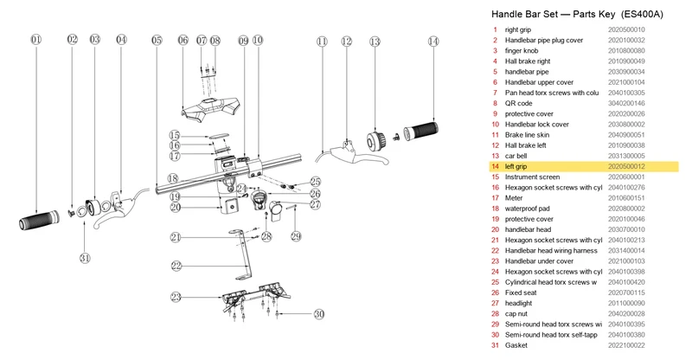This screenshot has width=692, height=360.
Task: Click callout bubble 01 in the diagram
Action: (36, 40)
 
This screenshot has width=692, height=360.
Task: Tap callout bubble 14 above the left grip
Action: (433, 42)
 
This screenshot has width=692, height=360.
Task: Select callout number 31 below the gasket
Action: (85, 258)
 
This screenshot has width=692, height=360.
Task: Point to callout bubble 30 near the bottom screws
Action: (319, 314)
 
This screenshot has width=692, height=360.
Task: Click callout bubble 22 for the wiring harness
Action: (176, 266)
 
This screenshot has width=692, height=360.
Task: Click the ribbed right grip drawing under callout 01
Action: (39, 220)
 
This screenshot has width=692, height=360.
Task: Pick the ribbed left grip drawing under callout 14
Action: (421, 131)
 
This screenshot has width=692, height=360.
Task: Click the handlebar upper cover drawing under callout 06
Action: (210, 109)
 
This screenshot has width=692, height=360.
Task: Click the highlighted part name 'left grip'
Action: (516, 166)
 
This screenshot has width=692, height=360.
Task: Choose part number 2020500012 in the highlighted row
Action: (626, 166)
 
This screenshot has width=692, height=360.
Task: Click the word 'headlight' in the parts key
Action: (518, 304)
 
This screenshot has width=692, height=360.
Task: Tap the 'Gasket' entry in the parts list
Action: (516, 345)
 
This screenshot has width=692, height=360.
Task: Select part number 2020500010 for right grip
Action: (626, 29)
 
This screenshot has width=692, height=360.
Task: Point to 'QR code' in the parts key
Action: (518, 103)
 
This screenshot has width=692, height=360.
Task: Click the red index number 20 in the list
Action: (495, 229)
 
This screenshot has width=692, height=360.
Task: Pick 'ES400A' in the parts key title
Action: (642, 14)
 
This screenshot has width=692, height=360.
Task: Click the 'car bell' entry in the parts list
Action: (516, 156)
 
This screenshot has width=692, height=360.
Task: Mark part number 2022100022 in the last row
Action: (626, 345)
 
